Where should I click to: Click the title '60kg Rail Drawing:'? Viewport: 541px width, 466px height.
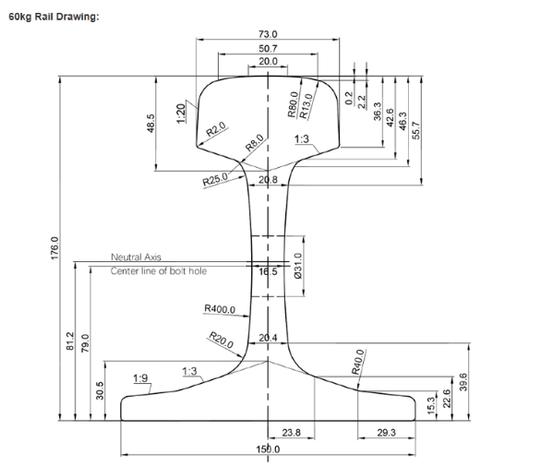pyautogui.click(x=53, y=18)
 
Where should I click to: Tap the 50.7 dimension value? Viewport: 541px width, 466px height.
pyautogui.click(x=268, y=48)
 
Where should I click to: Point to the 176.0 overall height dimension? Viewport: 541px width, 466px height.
pyautogui.click(x=54, y=248)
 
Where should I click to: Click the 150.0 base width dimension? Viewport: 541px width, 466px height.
pyautogui.click(x=268, y=448)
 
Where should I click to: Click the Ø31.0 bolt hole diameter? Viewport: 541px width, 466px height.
pyautogui.click(x=297, y=269)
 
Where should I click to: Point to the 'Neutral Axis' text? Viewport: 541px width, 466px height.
pyautogui.click(x=136, y=257)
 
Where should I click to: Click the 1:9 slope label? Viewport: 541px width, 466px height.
pyautogui.click(x=140, y=377)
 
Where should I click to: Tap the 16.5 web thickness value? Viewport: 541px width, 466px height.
pyautogui.click(x=268, y=271)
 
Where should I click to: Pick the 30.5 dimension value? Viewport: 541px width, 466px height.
pyautogui.click(x=101, y=389)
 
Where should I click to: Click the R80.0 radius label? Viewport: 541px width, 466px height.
pyautogui.click(x=293, y=104)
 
